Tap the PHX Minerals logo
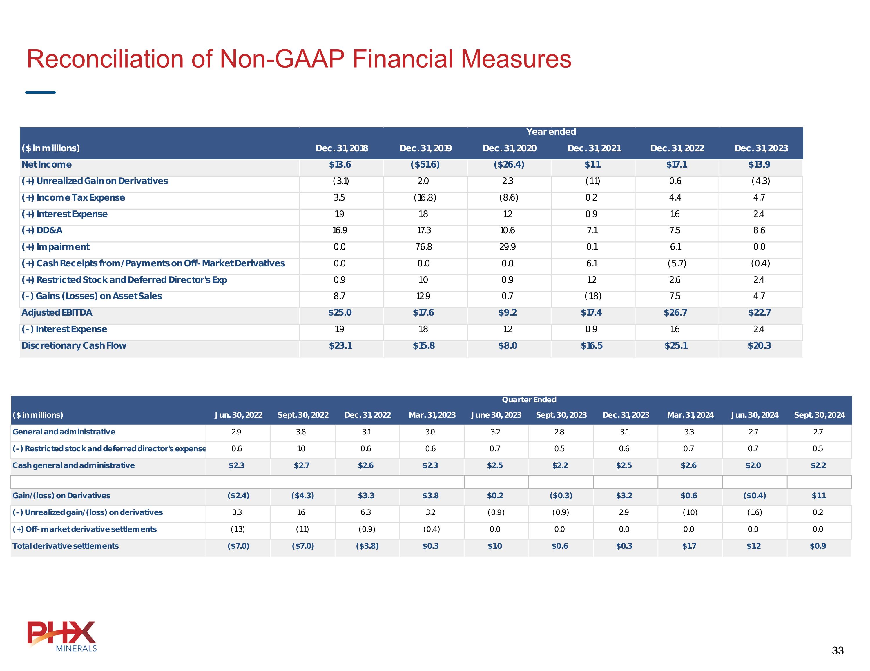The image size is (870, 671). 62,636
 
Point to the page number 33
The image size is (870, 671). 837,650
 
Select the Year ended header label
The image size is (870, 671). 551,132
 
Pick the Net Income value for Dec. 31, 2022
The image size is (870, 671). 676,164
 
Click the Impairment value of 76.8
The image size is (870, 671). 423,247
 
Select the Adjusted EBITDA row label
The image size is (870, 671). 57,313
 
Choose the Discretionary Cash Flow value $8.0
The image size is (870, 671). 507,346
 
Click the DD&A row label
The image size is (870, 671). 42,230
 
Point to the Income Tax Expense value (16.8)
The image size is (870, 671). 425,197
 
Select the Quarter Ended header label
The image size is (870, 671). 529,399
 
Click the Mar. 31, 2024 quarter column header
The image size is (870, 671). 690,415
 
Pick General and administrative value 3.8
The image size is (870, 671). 301,432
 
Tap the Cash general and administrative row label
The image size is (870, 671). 74,465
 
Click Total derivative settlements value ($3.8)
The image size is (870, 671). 367,546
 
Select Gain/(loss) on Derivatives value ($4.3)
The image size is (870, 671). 302,495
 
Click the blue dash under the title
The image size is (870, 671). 40,92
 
